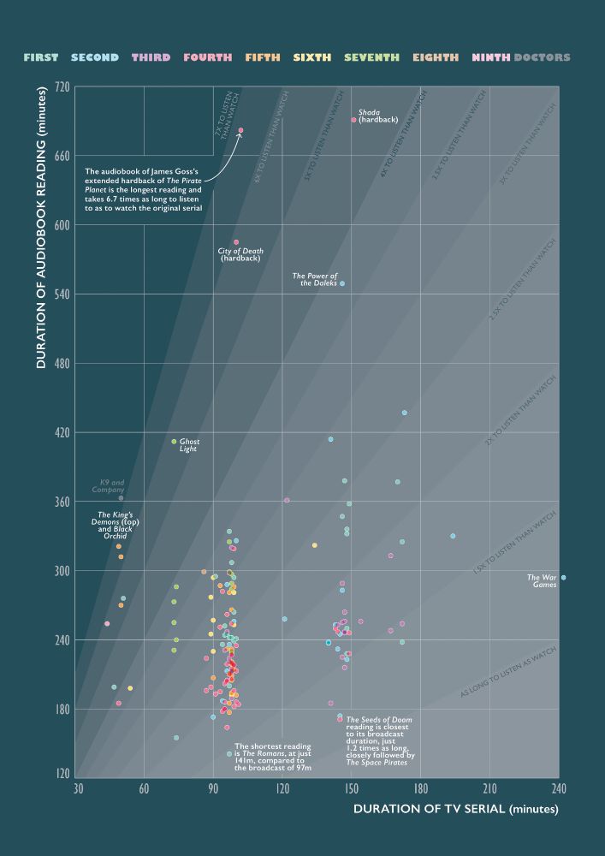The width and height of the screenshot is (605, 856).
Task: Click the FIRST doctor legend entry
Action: point(41,58)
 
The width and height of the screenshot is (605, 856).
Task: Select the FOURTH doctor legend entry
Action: point(206,58)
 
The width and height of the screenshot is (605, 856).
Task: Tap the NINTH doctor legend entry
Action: point(490,58)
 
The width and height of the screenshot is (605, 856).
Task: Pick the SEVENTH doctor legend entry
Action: point(371,58)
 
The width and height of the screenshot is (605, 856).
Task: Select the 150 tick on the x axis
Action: point(353,788)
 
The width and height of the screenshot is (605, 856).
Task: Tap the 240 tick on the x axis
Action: point(560,788)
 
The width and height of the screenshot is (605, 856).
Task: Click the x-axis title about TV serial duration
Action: point(455,809)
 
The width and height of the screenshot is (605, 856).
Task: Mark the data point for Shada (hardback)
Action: point(353,120)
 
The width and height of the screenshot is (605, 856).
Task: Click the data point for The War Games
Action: point(562,578)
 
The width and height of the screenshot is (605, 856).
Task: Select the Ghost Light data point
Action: point(174,442)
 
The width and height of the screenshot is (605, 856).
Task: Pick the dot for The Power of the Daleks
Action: point(342,283)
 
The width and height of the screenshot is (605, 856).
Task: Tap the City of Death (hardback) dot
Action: point(236,242)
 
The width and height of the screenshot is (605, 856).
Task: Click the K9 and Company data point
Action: point(121,498)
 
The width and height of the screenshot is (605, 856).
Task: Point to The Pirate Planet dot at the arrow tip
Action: point(240,131)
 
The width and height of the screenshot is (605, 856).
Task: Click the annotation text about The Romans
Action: point(272,758)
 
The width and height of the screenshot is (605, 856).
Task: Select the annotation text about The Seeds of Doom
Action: point(380,740)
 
